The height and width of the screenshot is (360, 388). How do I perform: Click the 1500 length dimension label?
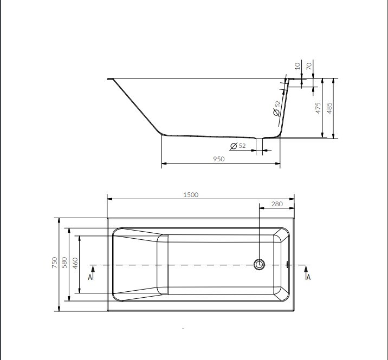point(191,195)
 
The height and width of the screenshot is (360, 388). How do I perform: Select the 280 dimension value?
point(277,204)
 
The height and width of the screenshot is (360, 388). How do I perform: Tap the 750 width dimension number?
point(54,263)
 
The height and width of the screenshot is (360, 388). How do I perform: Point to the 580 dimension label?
point(64,263)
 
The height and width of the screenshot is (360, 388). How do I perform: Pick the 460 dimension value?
point(75,263)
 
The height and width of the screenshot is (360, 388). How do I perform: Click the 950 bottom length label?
point(219,159)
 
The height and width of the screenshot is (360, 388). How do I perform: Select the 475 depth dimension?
point(318,108)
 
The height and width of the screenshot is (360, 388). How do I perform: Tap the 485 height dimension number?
point(329,108)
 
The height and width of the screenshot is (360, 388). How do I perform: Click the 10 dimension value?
point(298,66)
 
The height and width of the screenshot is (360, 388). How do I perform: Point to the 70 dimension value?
point(309,66)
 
